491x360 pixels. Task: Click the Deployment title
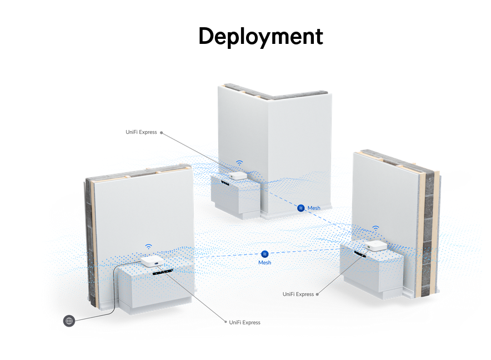(260, 37)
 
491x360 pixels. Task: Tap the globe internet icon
(69, 321)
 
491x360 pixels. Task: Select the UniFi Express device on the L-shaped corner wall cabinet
(238, 175)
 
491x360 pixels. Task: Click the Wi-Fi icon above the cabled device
(148, 246)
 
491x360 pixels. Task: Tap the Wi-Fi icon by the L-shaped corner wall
(239, 163)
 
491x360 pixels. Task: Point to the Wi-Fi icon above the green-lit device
(375, 228)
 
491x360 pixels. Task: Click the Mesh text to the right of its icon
(314, 208)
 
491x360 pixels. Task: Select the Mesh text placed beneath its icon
(264, 262)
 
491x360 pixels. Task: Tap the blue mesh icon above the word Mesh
(265, 253)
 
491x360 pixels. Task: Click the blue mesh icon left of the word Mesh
(300, 208)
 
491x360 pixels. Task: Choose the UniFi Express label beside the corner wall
(141, 132)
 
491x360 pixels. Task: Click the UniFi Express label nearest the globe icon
(244, 322)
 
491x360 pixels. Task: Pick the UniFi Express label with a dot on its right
(298, 294)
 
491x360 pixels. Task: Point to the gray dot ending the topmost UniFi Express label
(162, 132)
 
